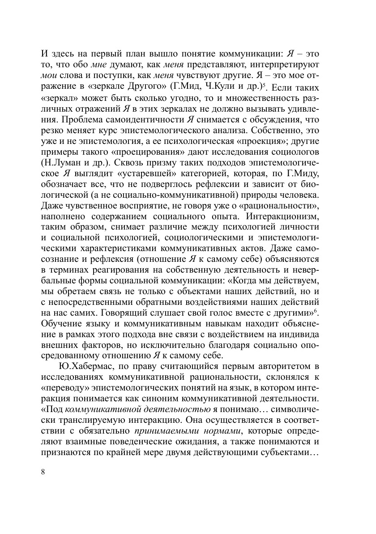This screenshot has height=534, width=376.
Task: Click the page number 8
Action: point(43,472)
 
